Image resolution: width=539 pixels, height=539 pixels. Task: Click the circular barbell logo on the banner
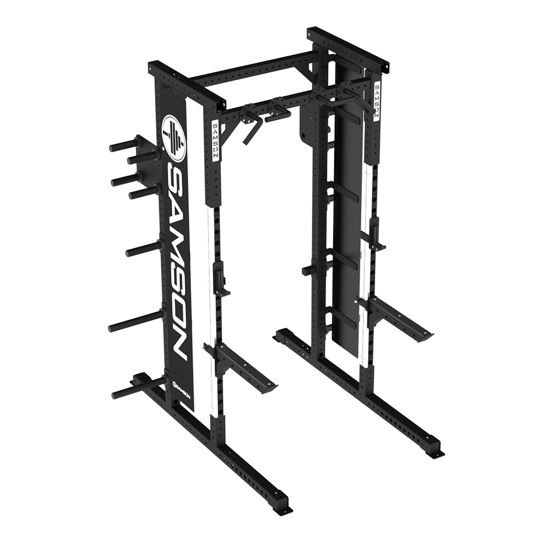tap(174, 137)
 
